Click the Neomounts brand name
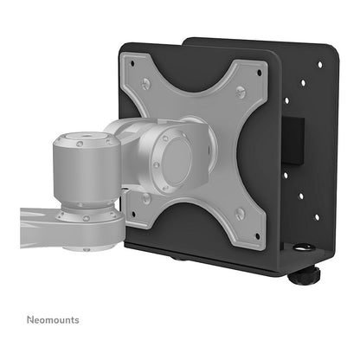point(53,320)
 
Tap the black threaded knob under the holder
point(304,275)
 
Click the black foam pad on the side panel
point(292,142)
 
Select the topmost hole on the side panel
point(319,65)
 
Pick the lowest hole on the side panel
point(317,217)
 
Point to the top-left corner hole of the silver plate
point(132,63)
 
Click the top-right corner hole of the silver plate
point(259,72)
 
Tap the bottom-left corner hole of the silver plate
point(133,215)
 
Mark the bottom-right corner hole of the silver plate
point(258,236)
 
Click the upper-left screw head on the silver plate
point(146,84)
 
